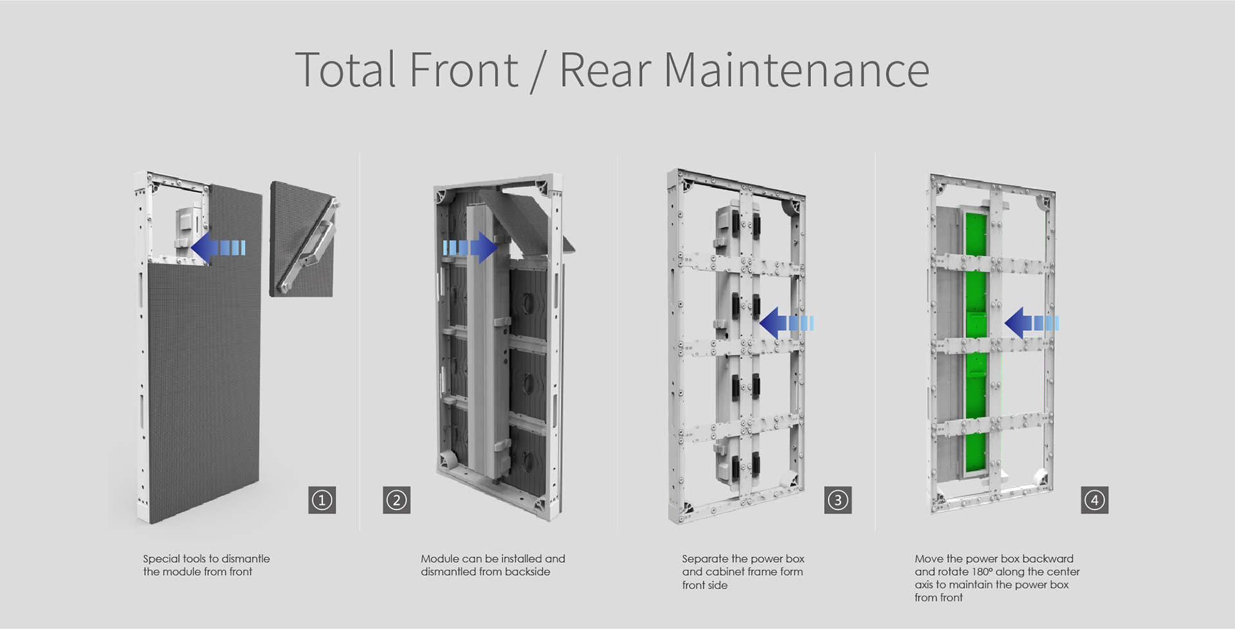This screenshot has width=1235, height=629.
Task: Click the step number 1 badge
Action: [322, 500]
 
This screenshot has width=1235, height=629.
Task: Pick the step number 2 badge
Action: [397, 500]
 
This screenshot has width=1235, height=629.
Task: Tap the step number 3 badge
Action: [837, 500]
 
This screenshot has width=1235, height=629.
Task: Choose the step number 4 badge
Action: [1095, 500]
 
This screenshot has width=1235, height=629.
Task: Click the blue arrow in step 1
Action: [218, 248]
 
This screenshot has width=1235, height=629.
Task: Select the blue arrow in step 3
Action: [787, 323]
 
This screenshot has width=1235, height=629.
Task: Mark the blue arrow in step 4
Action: [1032, 323]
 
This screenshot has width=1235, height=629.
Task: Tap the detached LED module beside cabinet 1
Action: [302, 239]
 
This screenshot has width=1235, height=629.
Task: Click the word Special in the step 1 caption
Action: [161, 559]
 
